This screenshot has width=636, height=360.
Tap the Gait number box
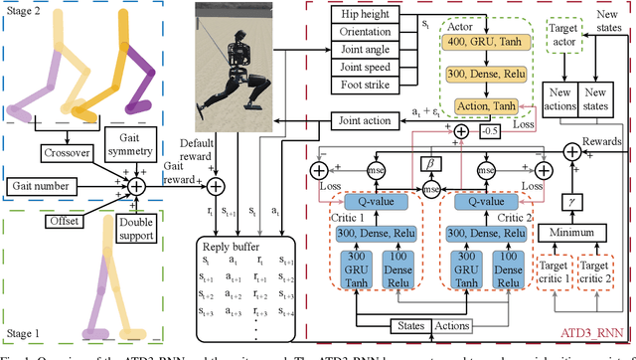click(x=44, y=185)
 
